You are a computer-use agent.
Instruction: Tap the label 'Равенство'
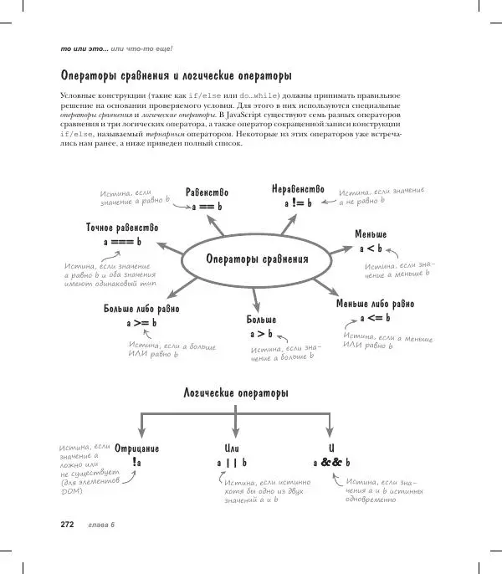tap(207, 192)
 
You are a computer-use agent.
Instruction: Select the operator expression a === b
tap(122, 242)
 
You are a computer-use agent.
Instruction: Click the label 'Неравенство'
tap(297, 188)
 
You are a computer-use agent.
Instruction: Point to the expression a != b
tap(297, 202)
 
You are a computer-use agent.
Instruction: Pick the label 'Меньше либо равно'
tap(375, 304)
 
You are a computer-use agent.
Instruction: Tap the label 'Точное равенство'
tap(122, 228)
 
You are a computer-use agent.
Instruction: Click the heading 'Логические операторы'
tap(236, 392)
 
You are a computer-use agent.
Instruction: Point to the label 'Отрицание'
tap(136, 448)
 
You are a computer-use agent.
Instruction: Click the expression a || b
tap(233, 463)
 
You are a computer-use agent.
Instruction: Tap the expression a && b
tap(331, 463)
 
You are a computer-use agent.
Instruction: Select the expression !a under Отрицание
tap(136, 463)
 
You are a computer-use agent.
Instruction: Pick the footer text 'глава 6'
tap(100, 525)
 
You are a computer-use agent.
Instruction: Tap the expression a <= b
tap(375, 319)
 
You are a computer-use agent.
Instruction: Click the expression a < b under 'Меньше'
tap(371, 249)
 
